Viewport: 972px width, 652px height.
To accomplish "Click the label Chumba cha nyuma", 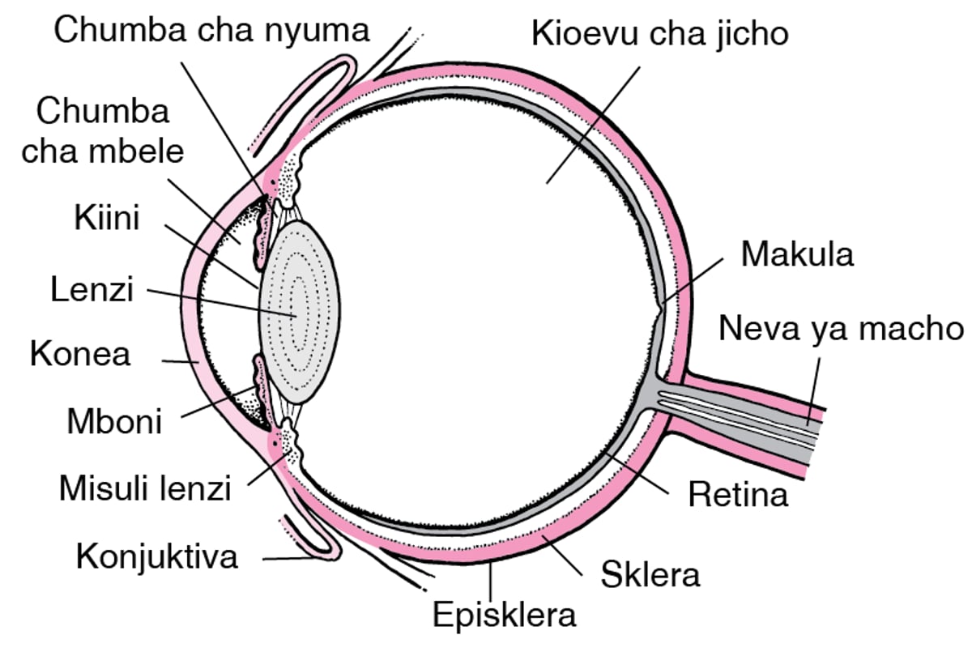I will tap(212, 30).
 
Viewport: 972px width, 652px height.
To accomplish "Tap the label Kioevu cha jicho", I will tap(659, 34).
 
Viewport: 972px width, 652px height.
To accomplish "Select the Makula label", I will tap(797, 254).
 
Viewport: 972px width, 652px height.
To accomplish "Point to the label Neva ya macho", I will tap(842, 330).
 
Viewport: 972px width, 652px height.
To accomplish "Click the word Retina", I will tap(737, 493).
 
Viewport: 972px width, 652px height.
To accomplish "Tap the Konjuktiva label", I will tap(157, 556).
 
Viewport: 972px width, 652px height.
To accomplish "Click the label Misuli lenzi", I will tap(146, 488).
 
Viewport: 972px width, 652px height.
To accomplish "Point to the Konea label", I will tap(80, 354).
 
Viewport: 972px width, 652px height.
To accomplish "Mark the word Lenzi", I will tap(92, 289).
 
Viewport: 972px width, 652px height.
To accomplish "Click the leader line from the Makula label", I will tap(693, 279).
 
